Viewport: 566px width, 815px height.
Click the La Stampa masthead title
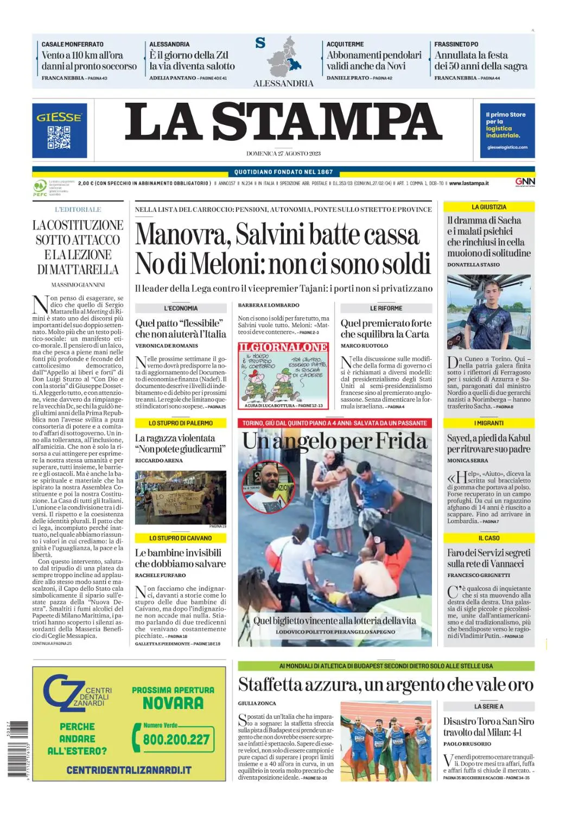click(283, 123)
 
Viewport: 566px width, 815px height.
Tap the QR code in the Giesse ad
click(59, 137)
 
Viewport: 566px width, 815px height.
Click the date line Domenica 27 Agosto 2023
click(283, 154)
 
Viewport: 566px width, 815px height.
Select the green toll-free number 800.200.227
click(176, 739)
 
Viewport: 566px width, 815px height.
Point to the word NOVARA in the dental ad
click(173, 704)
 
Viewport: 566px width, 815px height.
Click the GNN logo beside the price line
click(525, 182)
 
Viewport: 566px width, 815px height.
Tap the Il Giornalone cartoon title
click(283, 347)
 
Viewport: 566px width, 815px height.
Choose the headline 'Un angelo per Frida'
click(334, 441)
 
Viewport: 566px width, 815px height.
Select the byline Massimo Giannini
click(78, 285)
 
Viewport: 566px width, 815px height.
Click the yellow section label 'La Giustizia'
click(489, 207)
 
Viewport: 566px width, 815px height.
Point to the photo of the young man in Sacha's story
click(488, 311)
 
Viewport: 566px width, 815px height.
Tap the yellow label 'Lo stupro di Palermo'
click(181, 423)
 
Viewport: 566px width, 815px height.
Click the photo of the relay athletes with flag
click(386, 741)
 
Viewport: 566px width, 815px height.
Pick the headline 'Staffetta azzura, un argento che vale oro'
click(385, 685)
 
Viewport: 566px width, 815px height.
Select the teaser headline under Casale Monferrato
click(89, 61)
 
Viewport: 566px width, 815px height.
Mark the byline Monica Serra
click(467, 460)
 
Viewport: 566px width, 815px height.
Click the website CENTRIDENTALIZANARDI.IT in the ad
click(129, 770)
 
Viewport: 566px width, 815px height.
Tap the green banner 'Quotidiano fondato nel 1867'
click(283, 172)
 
